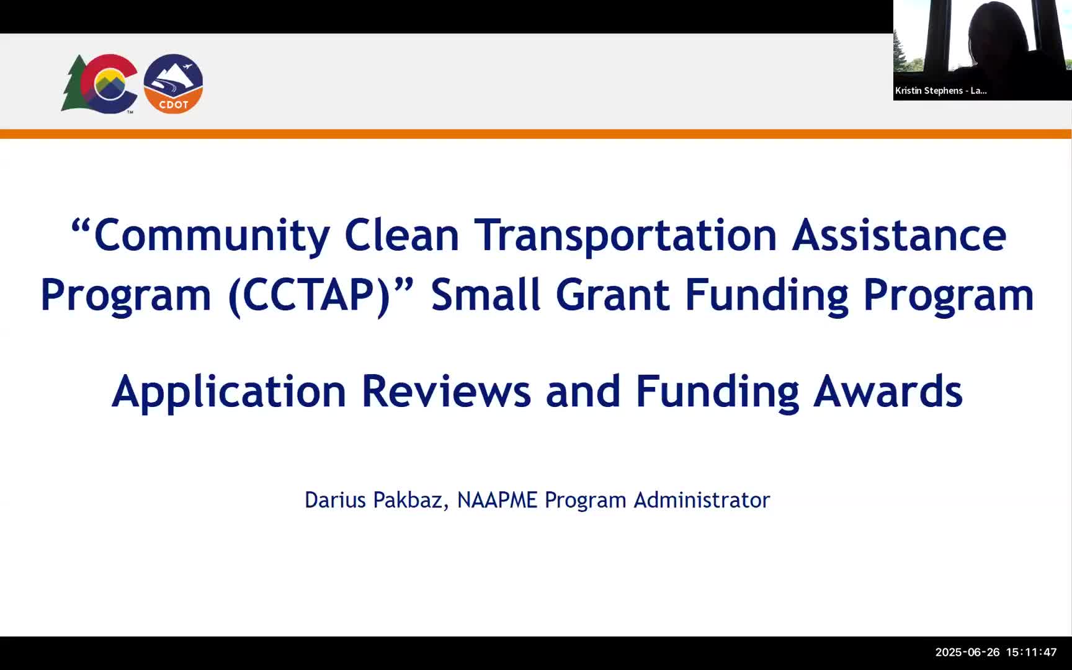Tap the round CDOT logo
173,84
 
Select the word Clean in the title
401,235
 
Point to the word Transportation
625,235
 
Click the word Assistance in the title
898,235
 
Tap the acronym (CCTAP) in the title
308,295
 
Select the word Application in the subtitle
228,391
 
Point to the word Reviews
445,391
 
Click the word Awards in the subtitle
887,391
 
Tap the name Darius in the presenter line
335,500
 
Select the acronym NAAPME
497,500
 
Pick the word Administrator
701,500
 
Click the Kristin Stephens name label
940,91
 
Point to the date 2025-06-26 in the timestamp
967,652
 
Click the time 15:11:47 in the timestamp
1031,652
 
